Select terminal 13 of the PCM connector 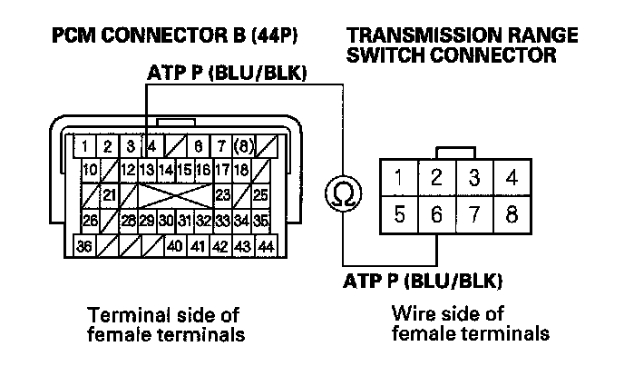(147, 169)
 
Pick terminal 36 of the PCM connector (84, 245)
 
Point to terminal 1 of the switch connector (399, 178)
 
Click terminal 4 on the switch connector (512, 178)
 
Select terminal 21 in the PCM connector (108, 194)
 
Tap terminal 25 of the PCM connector (261, 194)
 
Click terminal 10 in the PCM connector (90, 169)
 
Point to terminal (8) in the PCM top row (243, 144)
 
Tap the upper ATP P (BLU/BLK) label (225, 72)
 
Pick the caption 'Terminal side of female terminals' (163, 324)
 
